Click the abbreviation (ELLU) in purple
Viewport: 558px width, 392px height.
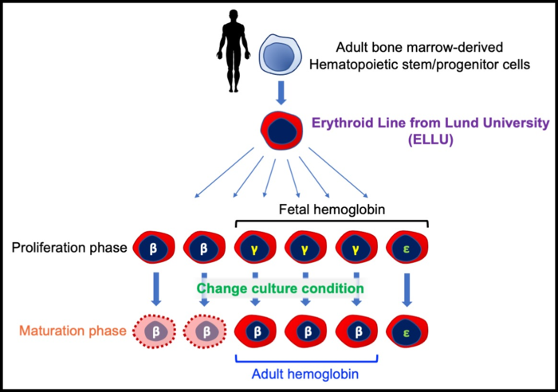[430, 141]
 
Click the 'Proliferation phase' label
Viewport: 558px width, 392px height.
[69, 248]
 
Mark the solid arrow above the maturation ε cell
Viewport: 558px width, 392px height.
[407, 288]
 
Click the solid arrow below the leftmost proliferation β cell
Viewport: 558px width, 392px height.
[155, 288]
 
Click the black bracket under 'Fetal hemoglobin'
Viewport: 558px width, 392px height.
[332, 222]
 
